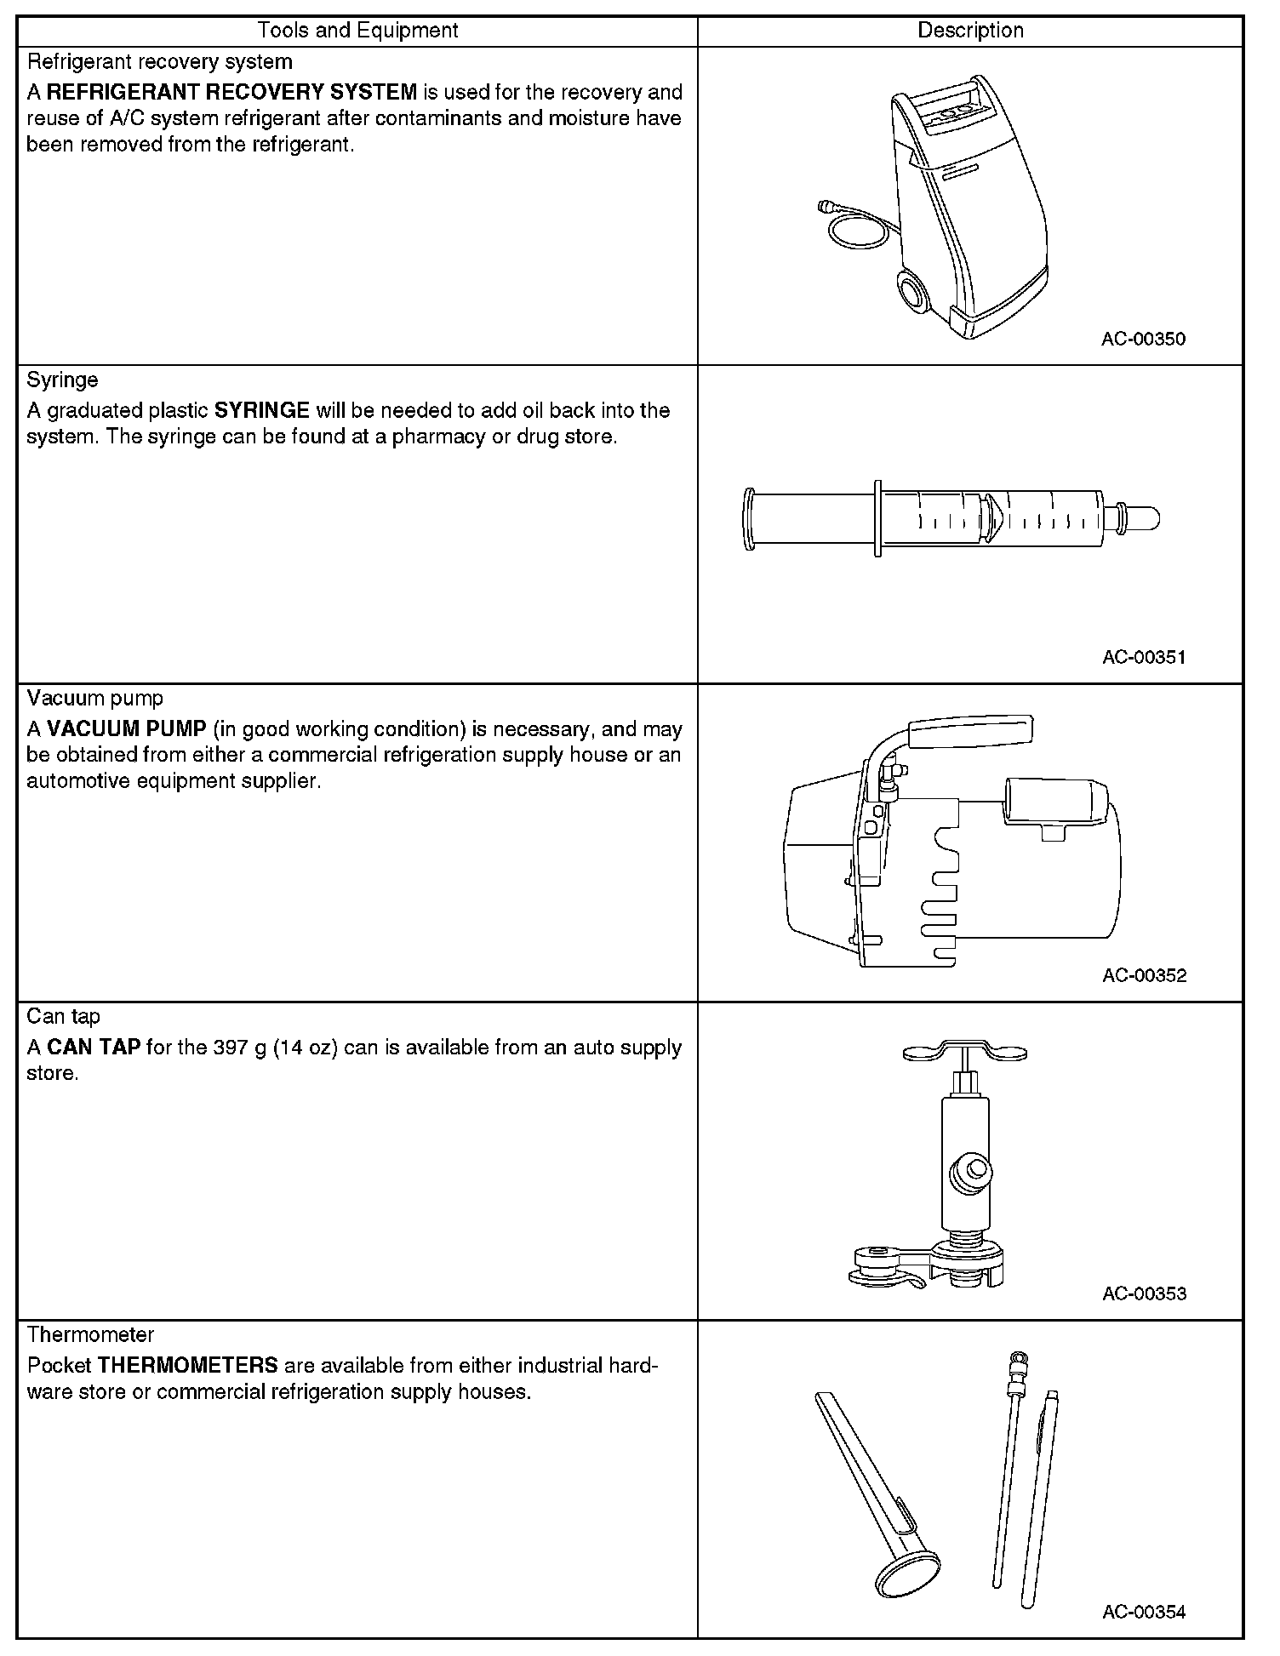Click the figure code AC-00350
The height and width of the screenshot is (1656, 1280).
1143,339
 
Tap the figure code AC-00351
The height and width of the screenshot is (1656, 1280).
1143,657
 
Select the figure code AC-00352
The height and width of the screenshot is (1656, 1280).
1144,975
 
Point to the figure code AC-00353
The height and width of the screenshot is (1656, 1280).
1144,1293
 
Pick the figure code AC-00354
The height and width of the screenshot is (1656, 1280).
1143,1612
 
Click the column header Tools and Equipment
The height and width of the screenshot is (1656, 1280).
357,31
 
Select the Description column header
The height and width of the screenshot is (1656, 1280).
970,31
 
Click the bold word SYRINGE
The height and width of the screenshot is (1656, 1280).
261,410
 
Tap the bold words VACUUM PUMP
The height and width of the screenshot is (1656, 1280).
127,729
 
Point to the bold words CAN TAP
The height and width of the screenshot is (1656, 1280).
94,1048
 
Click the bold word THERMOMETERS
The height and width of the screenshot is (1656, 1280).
188,1366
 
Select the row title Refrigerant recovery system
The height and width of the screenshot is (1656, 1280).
159,61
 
